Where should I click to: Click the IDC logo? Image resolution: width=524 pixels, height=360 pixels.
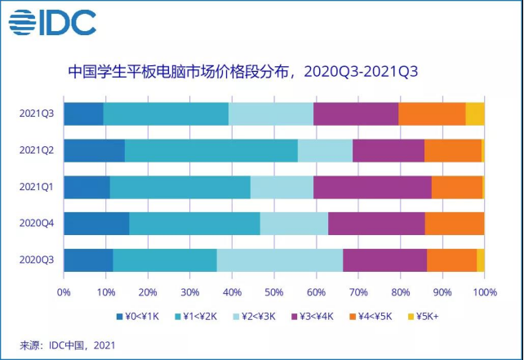click(52, 22)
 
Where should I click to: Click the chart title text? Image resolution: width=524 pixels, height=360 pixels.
click(243, 70)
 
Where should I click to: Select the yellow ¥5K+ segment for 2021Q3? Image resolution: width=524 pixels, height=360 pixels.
click(475, 114)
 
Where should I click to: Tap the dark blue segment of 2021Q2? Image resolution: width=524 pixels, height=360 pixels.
click(94, 151)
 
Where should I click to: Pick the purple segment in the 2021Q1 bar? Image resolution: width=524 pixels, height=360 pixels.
click(372, 187)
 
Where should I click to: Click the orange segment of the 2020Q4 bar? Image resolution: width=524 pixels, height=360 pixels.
click(454, 224)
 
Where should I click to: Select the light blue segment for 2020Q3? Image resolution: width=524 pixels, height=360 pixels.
click(280, 260)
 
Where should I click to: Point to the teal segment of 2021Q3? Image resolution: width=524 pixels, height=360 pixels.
click(166, 114)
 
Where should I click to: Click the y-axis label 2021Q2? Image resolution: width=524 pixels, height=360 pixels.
click(36, 151)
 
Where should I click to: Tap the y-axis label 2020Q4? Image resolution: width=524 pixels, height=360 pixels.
click(36, 224)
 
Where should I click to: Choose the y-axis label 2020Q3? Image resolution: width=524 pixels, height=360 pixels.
click(36, 260)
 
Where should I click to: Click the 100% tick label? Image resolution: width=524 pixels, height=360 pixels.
click(484, 290)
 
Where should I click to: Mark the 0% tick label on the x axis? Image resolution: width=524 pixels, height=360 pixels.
click(64, 290)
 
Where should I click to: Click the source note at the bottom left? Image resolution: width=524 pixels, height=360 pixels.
click(68, 344)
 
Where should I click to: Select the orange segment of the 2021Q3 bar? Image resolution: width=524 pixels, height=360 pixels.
click(432, 114)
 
